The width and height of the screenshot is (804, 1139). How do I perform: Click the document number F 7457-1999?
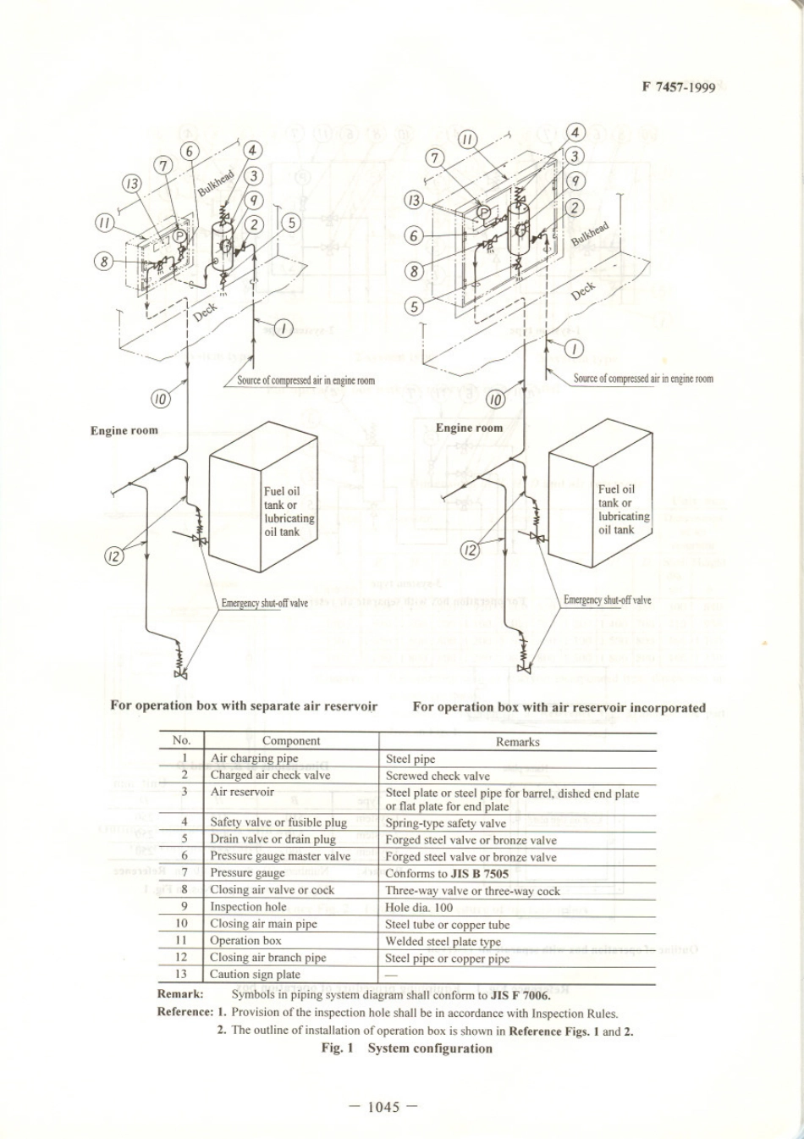679,86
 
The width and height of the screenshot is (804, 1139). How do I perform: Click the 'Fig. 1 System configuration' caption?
406,1048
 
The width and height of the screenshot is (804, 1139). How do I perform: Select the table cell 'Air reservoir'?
242,792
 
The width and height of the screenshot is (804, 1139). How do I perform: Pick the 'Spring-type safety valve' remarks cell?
445,823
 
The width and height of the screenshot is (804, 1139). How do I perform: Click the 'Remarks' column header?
517,742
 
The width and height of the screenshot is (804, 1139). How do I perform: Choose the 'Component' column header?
291,741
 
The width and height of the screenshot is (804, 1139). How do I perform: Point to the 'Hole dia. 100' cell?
419,907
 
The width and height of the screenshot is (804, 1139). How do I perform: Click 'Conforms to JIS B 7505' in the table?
447,873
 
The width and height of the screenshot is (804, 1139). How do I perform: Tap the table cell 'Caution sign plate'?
255,974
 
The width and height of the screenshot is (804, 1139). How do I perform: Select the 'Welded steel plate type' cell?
443,941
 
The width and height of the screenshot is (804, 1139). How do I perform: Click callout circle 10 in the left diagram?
162,398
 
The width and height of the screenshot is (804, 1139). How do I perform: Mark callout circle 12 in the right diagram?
470,550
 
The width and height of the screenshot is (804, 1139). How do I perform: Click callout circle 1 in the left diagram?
284,328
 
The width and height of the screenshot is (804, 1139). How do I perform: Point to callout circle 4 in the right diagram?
576,133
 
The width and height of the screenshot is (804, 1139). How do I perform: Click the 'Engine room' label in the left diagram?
124,430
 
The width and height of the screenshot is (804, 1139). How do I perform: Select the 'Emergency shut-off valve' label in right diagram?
608,600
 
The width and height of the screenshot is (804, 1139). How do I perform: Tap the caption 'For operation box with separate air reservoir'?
244,705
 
